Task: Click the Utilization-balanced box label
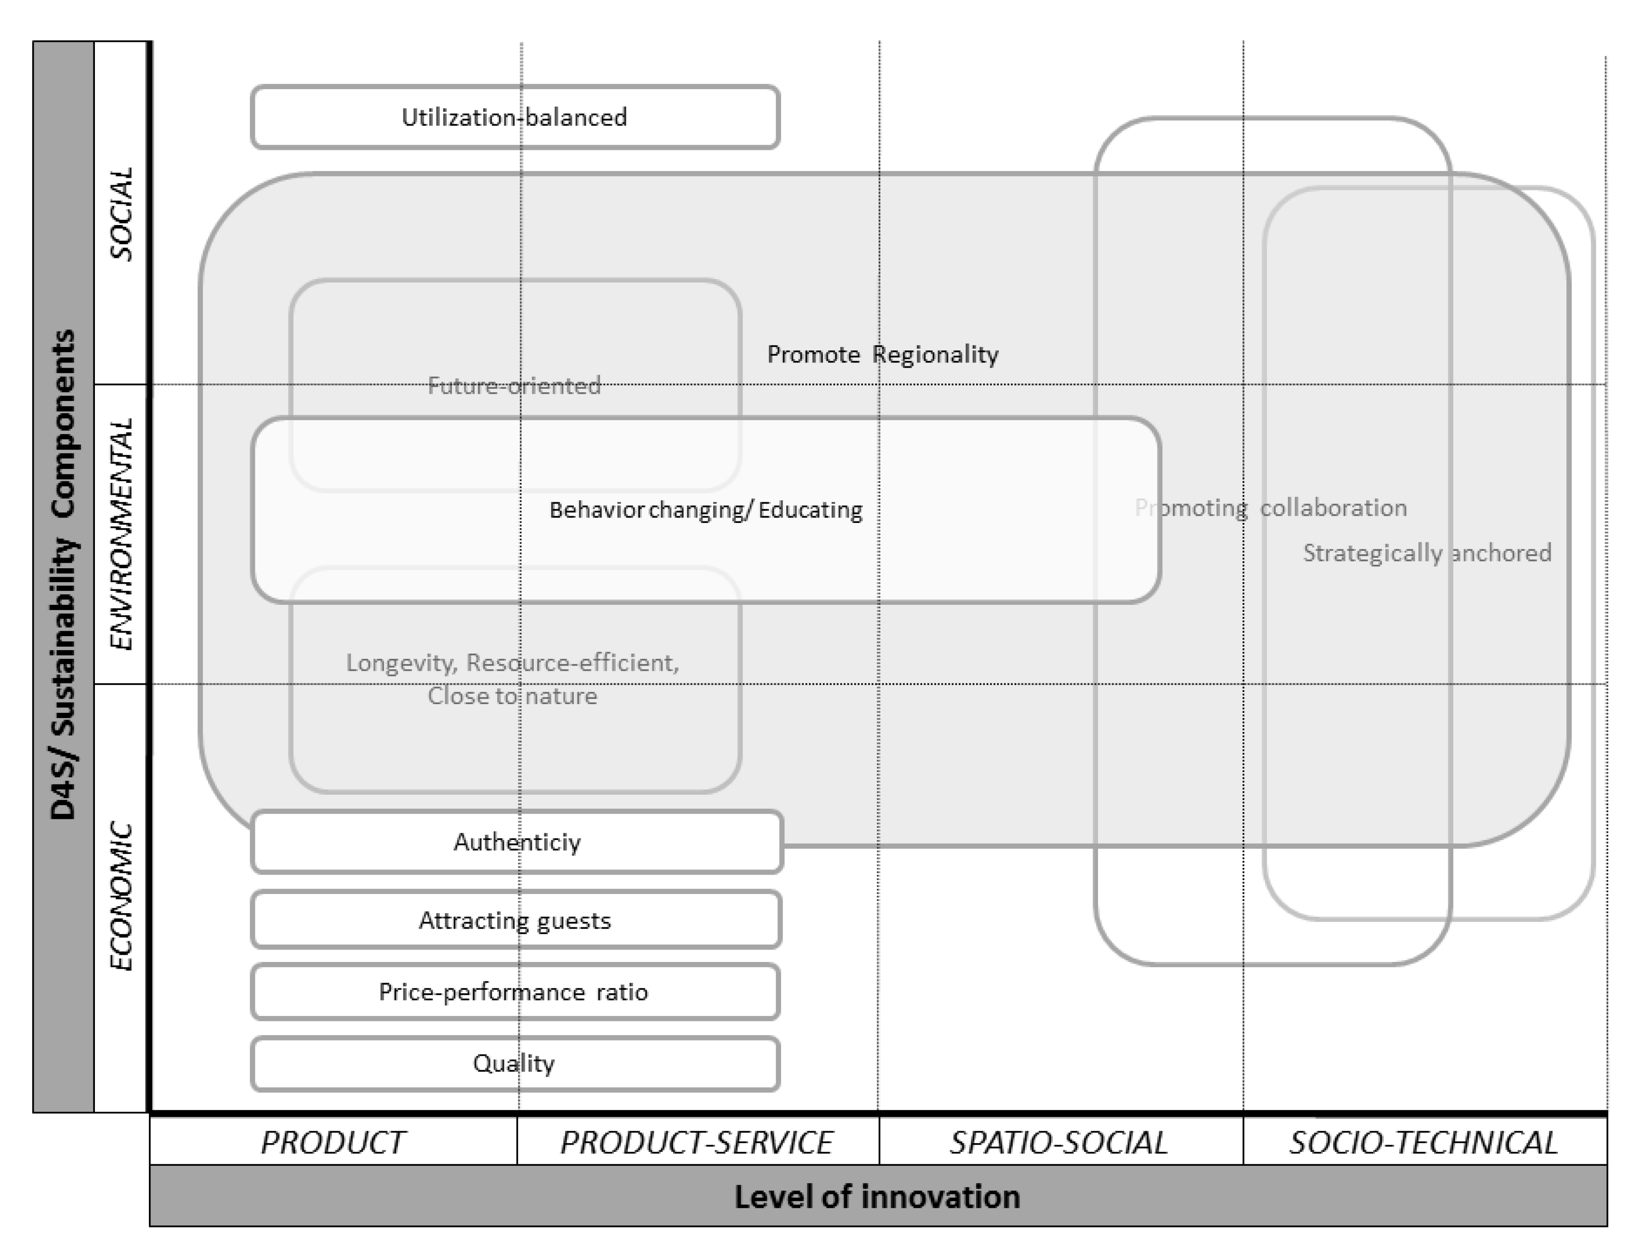click(x=514, y=117)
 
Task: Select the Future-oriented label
click(x=514, y=386)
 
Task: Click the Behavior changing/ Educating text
click(x=706, y=510)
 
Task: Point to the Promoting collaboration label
click(x=1271, y=507)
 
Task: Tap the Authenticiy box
click(x=516, y=842)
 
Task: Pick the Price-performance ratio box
click(x=513, y=991)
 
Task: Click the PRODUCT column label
click(x=333, y=1142)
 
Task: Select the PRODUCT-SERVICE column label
click(x=697, y=1142)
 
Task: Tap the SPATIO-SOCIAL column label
click(x=1059, y=1142)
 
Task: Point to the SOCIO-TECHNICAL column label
click(x=1423, y=1142)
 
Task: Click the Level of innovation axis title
click(x=877, y=1197)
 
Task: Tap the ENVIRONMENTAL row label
click(x=121, y=534)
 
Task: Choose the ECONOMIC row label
click(x=121, y=896)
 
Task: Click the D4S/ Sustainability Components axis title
click(x=64, y=575)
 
